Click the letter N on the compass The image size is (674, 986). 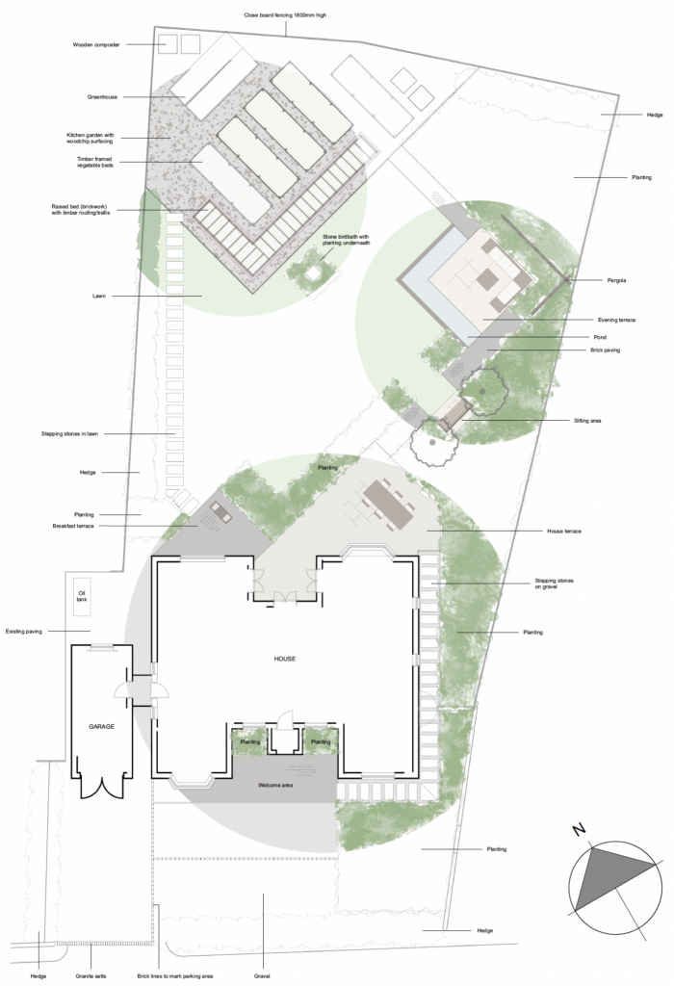[577, 828]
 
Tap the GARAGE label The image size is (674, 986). [102, 726]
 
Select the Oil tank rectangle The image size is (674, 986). [83, 596]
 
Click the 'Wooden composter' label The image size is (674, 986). [96, 44]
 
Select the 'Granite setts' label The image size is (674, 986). [92, 976]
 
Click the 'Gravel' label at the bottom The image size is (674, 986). [262, 976]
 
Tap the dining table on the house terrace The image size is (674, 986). [389, 504]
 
